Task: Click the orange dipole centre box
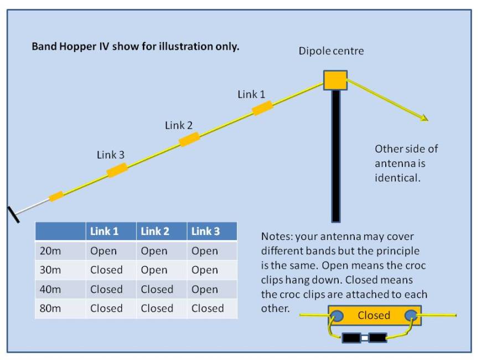(x=335, y=80)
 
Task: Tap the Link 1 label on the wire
(x=251, y=95)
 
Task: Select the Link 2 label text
(x=179, y=126)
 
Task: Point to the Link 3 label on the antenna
(x=111, y=155)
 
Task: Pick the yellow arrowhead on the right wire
(x=425, y=118)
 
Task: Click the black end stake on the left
(x=13, y=215)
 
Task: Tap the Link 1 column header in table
(x=104, y=231)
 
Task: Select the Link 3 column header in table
(x=205, y=231)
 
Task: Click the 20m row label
(x=50, y=251)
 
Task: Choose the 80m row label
(x=50, y=309)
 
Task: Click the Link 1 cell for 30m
(x=106, y=270)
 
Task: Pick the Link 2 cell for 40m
(x=157, y=289)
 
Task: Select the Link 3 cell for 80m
(x=208, y=309)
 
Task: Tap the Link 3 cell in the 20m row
(x=205, y=251)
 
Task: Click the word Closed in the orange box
(x=374, y=316)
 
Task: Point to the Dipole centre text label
(x=332, y=51)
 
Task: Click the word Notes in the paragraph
(x=276, y=237)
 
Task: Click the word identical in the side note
(x=397, y=179)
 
